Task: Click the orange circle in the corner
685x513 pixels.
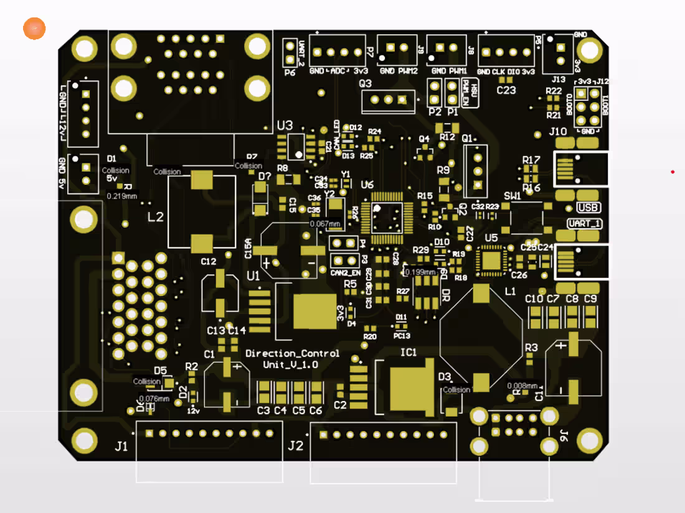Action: tap(34, 29)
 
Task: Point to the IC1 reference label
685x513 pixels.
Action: tap(409, 353)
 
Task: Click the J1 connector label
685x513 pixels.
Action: tap(121, 445)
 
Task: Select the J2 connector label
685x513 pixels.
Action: tap(296, 445)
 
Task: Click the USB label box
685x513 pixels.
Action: tap(590, 208)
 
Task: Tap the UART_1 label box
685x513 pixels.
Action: tap(584, 223)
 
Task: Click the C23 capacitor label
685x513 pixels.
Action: tap(506, 90)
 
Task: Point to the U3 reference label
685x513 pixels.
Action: tap(285, 125)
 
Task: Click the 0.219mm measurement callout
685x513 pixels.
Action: tap(122, 196)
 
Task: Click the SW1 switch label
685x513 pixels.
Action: tap(513, 195)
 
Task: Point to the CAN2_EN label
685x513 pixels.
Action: tap(346, 273)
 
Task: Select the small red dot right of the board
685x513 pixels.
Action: tap(673, 172)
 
